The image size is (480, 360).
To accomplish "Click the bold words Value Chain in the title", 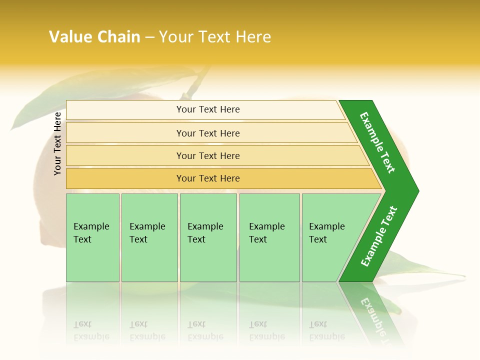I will pyautogui.click(x=94, y=37).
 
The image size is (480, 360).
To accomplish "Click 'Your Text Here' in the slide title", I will pyautogui.click(x=215, y=37).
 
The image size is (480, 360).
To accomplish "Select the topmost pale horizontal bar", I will pyautogui.click(x=207, y=109).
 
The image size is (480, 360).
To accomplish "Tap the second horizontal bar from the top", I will pyautogui.click(x=207, y=133).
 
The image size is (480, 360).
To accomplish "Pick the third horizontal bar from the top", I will pyautogui.click(x=207, y=155).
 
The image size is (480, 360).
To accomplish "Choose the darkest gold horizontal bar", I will pyautogui.click(x=207, y=178).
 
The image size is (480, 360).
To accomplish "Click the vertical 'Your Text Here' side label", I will pyautogui.click(x=57, y=143).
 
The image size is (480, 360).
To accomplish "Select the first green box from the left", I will pyautogui.click(x=92, y=237).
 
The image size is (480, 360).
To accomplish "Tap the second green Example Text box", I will pyautogui.click(x=149, y=237).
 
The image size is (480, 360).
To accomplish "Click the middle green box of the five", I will pyautogui.click(x=208, y=237).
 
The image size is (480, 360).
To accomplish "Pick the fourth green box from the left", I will pyautogui.click(x=269, y=237).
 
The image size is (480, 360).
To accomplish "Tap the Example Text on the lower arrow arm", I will pyautogui.click(x=379, y=236).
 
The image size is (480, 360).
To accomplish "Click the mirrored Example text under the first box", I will pyautogui.click(x=91, y=330).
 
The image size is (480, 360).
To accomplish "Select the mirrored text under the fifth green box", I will pyautogui.click(x=327, y=330).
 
